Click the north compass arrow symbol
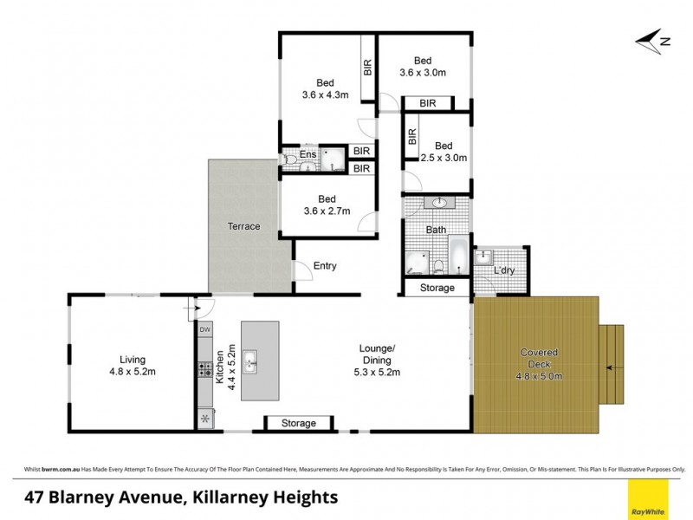651,40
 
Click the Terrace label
244,227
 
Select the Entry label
325,266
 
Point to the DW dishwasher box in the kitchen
205,329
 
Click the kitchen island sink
250,360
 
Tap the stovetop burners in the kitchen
205,369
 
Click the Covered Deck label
539,353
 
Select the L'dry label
504,271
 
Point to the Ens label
308,156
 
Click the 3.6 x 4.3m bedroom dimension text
326,95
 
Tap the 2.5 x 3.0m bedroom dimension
444,159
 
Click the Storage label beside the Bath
437,288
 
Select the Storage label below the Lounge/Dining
300,424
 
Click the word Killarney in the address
208,497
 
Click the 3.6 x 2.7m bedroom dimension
326,210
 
